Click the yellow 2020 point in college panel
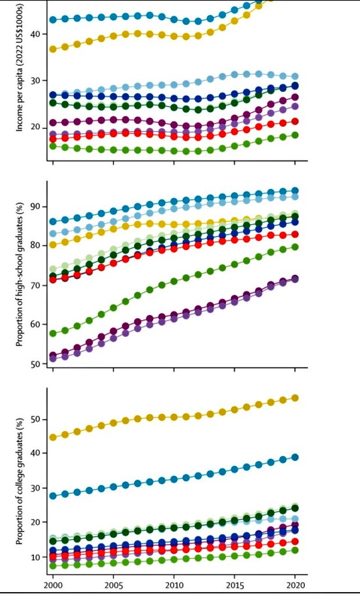point(295,398)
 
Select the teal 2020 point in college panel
point(295,457)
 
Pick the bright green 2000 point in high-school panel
point(53,334)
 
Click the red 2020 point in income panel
point(295,121)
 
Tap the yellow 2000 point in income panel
point(53,49)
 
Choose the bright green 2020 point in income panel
point(295,135)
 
